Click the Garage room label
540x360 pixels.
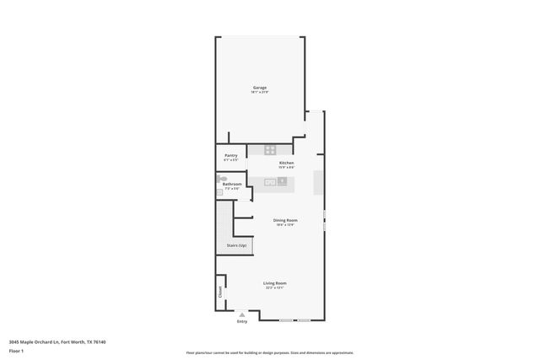pos(260,88)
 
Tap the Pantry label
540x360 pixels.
pos(230,155)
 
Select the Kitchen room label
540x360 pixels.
pos(286,162)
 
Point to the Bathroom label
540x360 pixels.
pos(232,184)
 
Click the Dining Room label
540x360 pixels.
pos(285,220)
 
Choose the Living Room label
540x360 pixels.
pos(274,283)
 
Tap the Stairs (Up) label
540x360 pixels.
pos(236,245)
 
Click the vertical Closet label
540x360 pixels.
pos(220,292)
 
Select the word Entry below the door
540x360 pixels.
pos(242,321)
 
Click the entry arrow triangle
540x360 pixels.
pos(242,314)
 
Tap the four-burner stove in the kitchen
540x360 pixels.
pos(269,150)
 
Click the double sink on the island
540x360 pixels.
pos(271,181)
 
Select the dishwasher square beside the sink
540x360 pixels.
pos(283,181)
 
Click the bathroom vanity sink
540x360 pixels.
pos(219,191)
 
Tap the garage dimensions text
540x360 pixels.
pos(260,93)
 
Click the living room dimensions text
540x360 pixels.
pos(274,288)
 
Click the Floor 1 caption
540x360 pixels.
pos(16,350)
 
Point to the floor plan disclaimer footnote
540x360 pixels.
pos(269,352)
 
